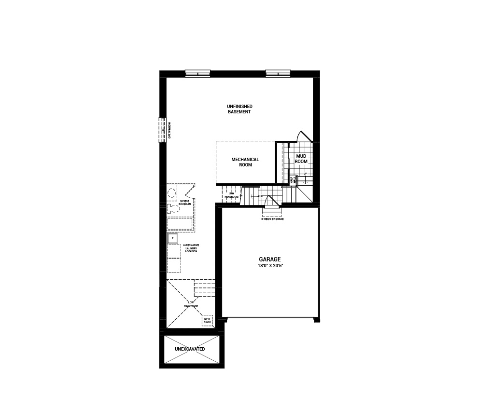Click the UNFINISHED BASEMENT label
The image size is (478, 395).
(x=240, y=109)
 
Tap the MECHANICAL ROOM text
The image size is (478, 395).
(x=245, y=162)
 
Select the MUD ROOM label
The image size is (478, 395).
(x=301, y=159)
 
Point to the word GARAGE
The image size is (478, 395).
(x=269, y=259)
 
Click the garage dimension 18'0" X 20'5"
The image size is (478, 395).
(x=269, y=266)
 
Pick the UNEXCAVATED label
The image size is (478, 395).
(x=190, y=349)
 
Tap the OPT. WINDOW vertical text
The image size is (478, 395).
(x=169, y=130)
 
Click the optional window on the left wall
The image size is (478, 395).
(x=163, y=130)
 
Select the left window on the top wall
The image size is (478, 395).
(x=198, y=73)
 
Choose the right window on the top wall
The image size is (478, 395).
(x=278, y=73)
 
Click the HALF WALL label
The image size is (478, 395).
(x=292, y=180)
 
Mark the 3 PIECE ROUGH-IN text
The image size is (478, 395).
(x=186, y=203)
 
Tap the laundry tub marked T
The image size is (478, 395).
(x=172, y=238)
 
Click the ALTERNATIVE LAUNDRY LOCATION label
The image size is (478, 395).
(x=191, y=248)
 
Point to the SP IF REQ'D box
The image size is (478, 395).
(x=208, y=321)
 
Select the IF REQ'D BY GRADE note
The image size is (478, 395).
(x=272, y=219)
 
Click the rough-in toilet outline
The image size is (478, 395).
(x=171, y=208)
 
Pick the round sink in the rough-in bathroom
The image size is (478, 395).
(x=171, y=193)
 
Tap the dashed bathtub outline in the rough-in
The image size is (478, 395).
(x=180, y=225)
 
